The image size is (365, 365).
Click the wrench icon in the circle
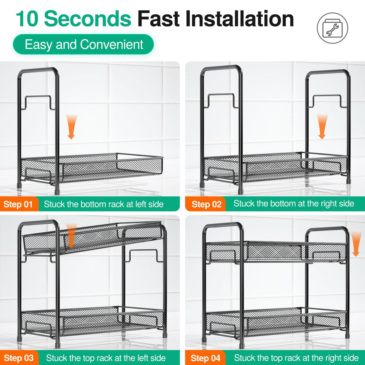[x=333, y=30]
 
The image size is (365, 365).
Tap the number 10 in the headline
[x=27, y=19]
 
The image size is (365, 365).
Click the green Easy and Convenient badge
[x=83, y=44]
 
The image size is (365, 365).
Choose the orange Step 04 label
[x=205, y=358]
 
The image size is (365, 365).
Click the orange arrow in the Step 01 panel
[x=71, y=127]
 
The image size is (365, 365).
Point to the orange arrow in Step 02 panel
[x=322, y=126]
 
